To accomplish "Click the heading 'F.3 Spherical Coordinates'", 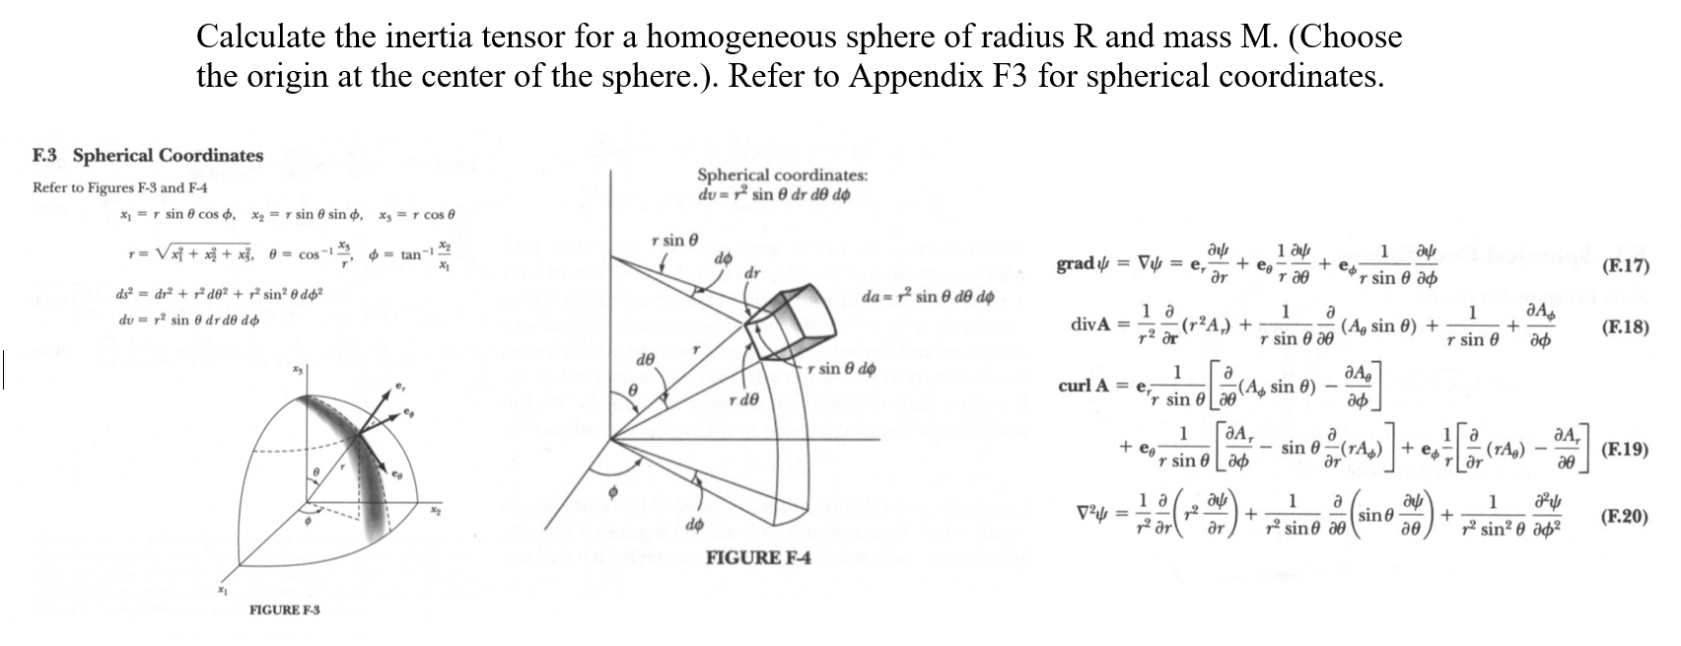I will click(148, 156).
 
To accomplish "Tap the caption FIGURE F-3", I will click(284, 610).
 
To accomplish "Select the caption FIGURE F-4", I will click(758, 558).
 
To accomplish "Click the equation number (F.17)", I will click(1626, 265).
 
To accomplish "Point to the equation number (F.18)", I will click(1626, 327).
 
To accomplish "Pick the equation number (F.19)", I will click(1626, 450).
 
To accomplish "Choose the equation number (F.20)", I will click(1626, 516).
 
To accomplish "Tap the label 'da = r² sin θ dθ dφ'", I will click(926, 297).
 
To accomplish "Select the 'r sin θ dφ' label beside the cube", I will click(841, 370).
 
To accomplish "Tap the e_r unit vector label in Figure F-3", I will click(398, 387).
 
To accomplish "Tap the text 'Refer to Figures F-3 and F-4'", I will click(120, 187).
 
